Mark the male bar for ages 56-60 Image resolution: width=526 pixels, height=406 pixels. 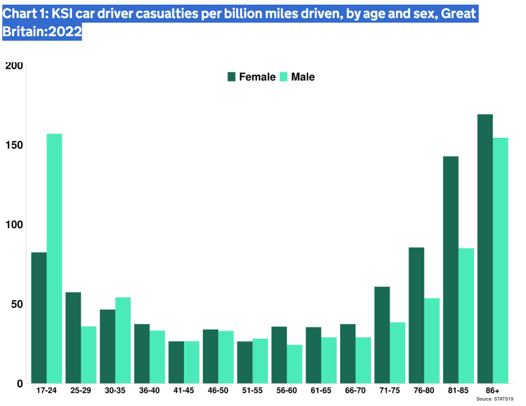point(295,364)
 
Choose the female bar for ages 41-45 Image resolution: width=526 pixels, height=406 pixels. point(176,362)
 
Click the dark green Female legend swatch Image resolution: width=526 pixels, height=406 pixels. point(232,77)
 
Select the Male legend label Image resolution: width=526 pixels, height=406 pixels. point(303,77)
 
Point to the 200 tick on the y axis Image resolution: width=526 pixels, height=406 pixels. point(14,66)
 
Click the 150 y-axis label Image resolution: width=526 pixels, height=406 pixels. point(14,145)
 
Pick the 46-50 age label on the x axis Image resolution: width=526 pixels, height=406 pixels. point(218,391)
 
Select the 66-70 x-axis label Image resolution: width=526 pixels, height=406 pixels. point(355,391)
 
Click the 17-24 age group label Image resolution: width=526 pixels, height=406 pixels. point(46,391)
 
